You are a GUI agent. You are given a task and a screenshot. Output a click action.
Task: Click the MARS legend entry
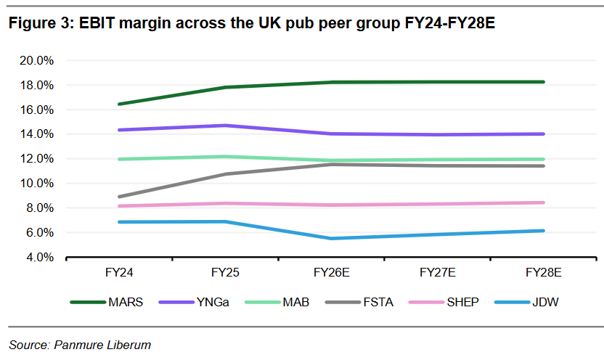pos(106,302)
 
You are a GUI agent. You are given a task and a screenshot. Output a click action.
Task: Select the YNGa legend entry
pos(194,302)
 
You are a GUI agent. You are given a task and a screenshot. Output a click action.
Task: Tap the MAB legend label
pos(296,302)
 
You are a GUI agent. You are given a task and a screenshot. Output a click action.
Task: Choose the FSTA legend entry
pos(359,302)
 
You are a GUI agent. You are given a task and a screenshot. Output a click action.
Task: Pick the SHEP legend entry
pos(444,302)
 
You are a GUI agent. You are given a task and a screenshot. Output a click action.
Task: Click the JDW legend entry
pos(526,302)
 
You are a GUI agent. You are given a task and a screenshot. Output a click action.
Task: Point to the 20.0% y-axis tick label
pos(36,60)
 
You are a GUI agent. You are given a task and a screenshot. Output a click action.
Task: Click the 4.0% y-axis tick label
pos(40,257)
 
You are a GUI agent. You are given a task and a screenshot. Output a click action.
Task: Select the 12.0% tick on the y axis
pos(36,159)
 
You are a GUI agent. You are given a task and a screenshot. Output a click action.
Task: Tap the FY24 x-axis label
pos(119,273)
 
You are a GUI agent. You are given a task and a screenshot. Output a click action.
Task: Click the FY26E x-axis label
pos(331,273)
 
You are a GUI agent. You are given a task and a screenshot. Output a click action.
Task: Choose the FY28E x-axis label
pos(544,273)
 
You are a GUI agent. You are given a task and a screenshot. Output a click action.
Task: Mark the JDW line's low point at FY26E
pos(331,239)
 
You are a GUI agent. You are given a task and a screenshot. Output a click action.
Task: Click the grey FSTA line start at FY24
pos(119,197)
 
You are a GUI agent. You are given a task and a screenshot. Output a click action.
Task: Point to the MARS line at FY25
pos(225,87)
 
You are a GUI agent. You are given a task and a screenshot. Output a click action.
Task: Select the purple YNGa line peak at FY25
pos(225,126)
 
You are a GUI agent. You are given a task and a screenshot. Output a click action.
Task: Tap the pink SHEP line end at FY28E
pos(543,202)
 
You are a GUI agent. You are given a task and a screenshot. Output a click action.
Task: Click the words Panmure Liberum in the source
pos(102,345)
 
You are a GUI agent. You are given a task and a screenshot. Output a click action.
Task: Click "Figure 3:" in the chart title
pos(41,23)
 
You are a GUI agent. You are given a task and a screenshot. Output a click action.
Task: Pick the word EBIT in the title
pos(97,23)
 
